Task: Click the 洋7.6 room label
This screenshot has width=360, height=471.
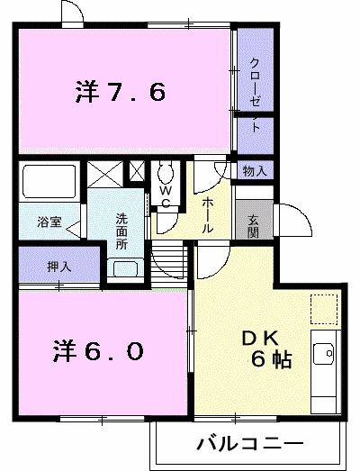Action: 121,93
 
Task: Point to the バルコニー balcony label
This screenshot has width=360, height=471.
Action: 244,443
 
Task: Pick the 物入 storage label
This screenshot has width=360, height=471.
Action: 254,170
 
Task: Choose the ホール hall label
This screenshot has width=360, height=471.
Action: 208,215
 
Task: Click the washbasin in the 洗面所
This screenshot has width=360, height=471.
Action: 124,267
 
